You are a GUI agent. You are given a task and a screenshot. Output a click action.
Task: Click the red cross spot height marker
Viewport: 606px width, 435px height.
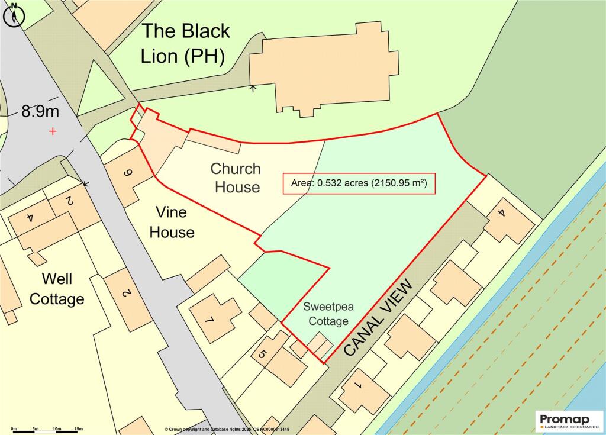[53, 131]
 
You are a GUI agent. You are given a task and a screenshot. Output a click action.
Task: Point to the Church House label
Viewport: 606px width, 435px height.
[236, 178]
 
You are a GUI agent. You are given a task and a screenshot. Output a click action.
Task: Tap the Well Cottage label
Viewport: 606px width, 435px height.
[57, 289]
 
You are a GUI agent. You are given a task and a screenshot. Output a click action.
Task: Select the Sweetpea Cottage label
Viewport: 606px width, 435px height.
[325, 314]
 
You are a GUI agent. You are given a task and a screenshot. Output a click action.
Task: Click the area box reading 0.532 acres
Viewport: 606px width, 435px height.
[359, 183]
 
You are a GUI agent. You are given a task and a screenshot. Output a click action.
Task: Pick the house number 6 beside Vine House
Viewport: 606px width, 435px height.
[127, 173]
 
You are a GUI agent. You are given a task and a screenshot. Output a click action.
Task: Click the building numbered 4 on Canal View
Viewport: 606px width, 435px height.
[501, 214]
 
